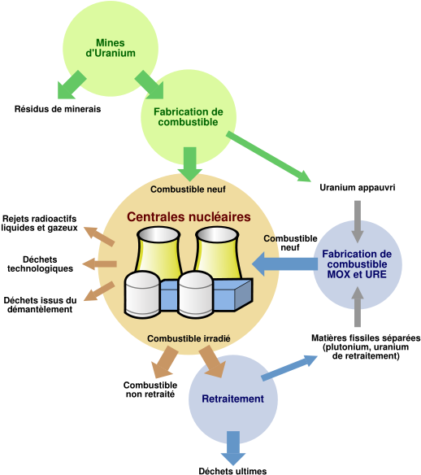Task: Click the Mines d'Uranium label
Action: (x=111, y=48)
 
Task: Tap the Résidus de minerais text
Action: (x=58, y=109)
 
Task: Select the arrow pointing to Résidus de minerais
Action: (x=71, y=85)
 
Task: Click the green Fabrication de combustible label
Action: (x=189, y=116)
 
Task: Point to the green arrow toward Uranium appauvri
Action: (x=269, y=156)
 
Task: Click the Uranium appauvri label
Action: (x=358, y=188)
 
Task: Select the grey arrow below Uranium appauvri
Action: (x=358, y=221)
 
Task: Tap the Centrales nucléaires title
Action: (x=189, y=217)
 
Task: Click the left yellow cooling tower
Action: (x=158, y=251)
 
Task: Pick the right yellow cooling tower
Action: (x=217, y=252)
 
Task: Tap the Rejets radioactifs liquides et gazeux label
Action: (x=39, y=223)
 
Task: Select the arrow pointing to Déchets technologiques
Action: (x=100, y=264)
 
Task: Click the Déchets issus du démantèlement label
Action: (x=40, y=305)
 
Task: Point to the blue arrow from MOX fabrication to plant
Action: (x=284, y=264)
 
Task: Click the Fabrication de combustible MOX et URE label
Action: (x=357, y=264)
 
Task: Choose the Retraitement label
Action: (x=232, y=399)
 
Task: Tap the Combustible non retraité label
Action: (x=150, y=390)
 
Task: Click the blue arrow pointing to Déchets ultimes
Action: (x=233, y=448)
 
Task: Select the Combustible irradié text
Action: (x=189, y=338)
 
